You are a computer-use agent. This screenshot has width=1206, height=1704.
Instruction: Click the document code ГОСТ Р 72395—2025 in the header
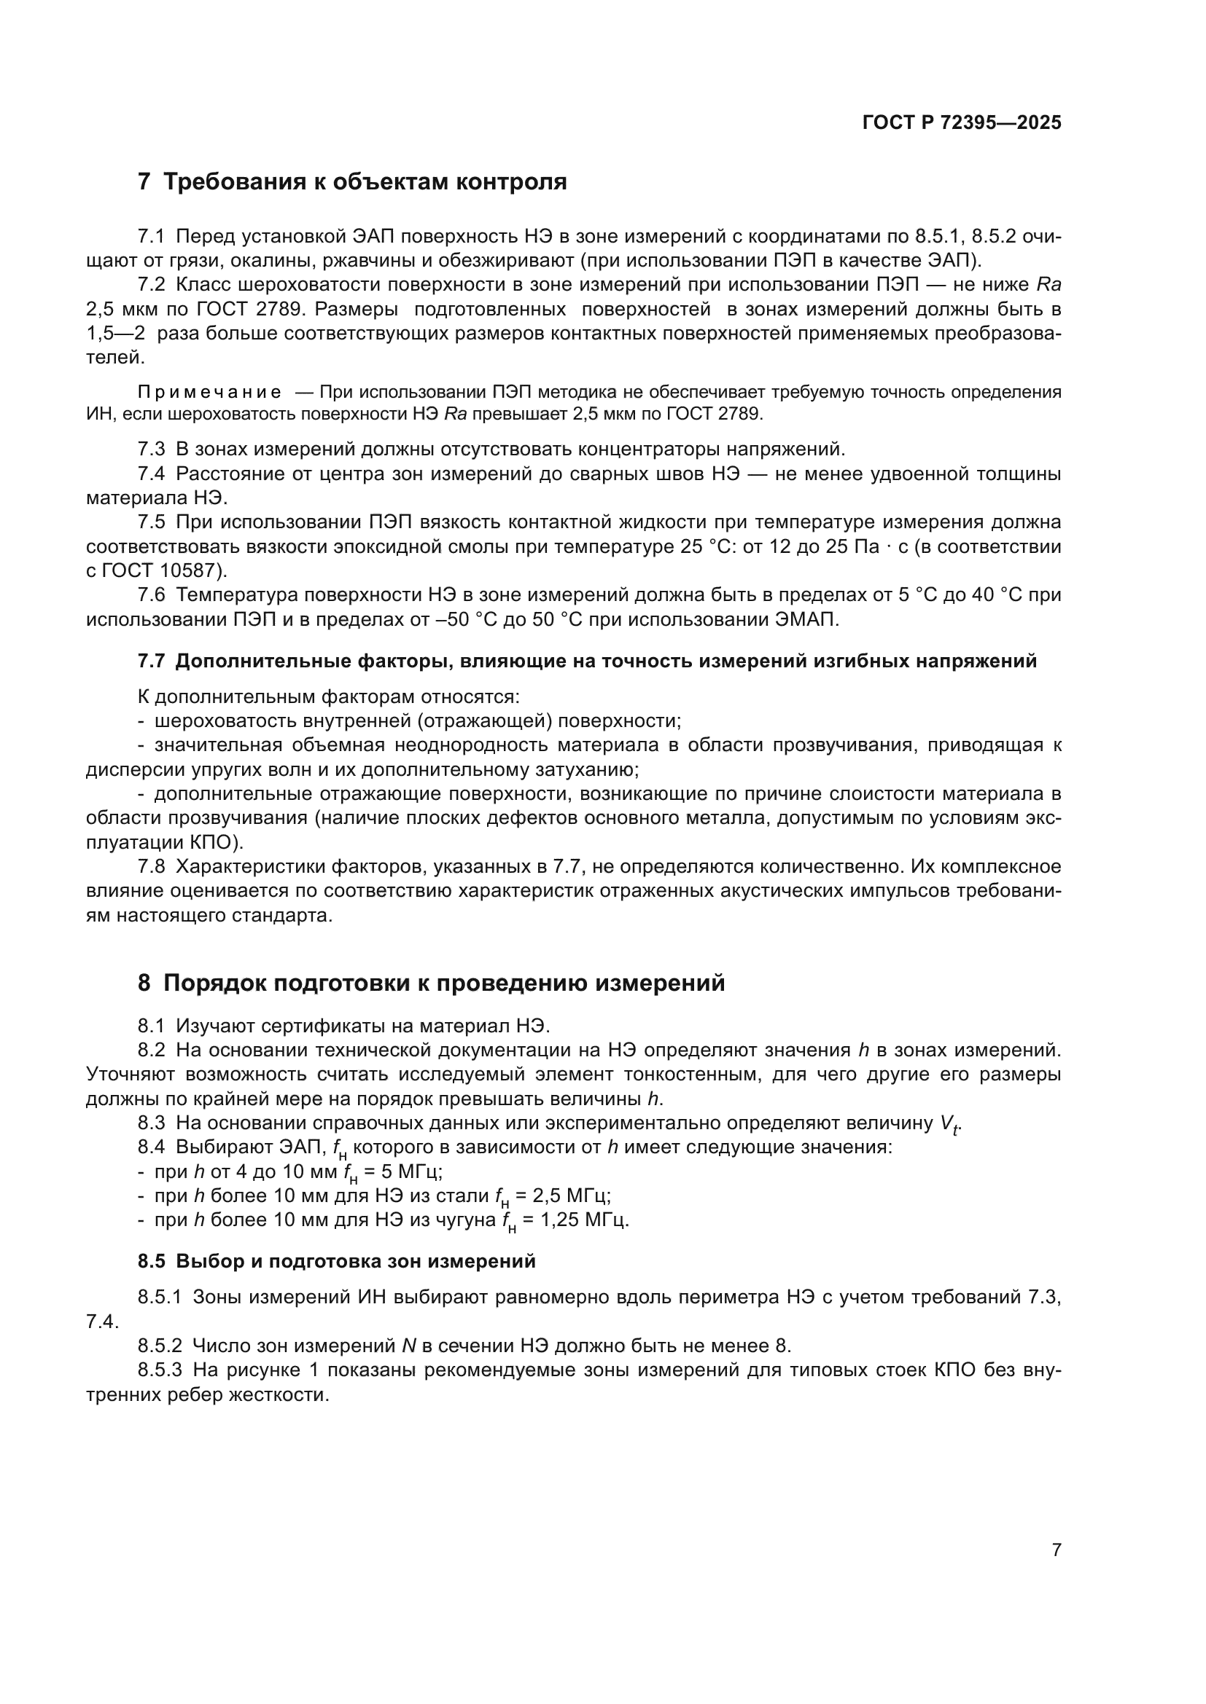click(x=962, y=122)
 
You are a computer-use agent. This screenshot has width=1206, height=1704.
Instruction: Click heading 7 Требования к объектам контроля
click(x=352, y=182)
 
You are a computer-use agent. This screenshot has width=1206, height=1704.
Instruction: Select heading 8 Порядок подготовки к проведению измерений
click(x=431, y=983)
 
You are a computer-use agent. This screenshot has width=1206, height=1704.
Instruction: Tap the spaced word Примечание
click(x=209, y=392)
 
